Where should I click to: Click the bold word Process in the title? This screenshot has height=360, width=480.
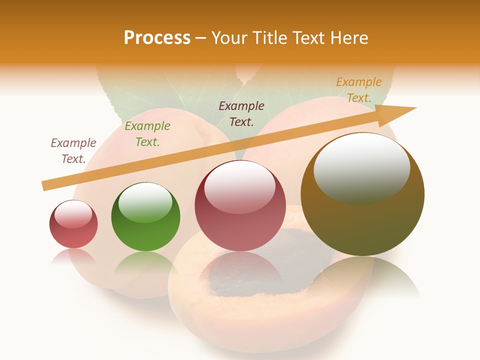click(x=157, y=38)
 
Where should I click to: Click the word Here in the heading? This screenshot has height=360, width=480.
click(x=349, y=38)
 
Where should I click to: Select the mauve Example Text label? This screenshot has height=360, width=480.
click(x=73, y=151)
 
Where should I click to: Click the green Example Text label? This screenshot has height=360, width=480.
click(x=147, y=134)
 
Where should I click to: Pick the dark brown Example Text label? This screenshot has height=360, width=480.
click(x=241, y=113)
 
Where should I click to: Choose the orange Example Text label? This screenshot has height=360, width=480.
click(x=359, y=90)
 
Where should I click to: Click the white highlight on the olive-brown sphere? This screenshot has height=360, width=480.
click(x=361, y=167)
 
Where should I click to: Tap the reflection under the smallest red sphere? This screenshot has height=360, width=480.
click(x=73, y=256)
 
